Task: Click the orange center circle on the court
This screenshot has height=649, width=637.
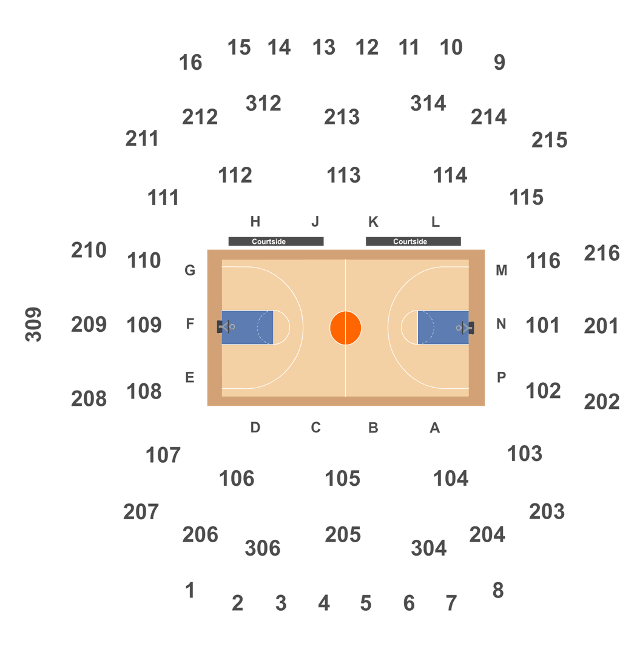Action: point(345,328)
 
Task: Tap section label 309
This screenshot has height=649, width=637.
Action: point(33,324)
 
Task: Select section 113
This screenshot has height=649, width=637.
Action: point(343,175)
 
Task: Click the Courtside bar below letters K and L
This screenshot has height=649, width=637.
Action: point(413,241)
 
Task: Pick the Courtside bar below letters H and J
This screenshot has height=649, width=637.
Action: point(275,241)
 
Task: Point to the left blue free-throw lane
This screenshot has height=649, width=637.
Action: point(248,328)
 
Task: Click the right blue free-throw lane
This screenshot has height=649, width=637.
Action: point(443,328)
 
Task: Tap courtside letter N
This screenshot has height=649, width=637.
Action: point(501,324)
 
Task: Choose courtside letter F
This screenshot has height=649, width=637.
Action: point(190,324)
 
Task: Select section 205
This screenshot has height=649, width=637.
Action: point(343,534)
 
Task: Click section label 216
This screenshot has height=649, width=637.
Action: point(601,253)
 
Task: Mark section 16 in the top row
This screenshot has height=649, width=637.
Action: point(190,62)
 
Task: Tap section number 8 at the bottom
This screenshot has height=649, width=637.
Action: point(498,590)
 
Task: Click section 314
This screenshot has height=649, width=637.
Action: point(428,103)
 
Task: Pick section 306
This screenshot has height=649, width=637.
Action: point(263,548)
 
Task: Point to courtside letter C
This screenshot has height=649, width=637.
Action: point(316,428)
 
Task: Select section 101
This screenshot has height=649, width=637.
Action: point(542,325)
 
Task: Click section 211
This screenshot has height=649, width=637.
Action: point(142,139)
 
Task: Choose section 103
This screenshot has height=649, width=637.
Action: point(524,454)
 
